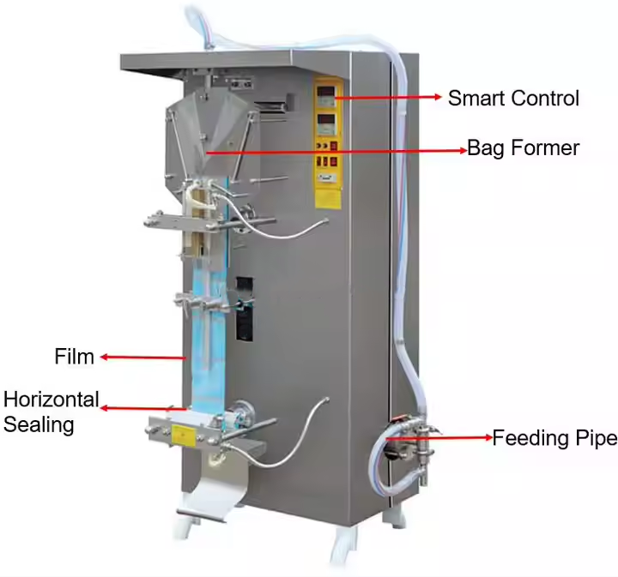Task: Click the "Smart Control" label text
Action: (x=513, y=99)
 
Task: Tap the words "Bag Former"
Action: (x=523, y=148)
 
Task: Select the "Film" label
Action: (x=74, y=357)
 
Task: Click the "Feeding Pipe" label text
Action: (x=554, y=439)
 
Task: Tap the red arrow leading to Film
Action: (x=142, y=356)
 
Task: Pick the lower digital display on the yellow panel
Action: (x=327, y=120)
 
